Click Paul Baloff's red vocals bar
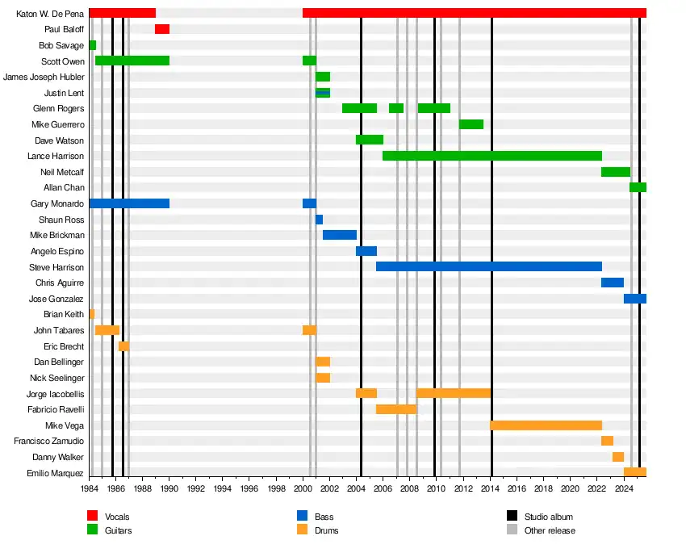[x=162, y=29]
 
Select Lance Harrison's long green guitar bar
[x=492, y=156]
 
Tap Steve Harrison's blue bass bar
[x=489, y=266]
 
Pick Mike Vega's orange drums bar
[x=546, y=425]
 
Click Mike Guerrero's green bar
[x=471, y=124]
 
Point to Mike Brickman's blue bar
[x=340, y=235]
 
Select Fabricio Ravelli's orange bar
[x=396, y=409]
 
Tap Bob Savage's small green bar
[x=93, y=45]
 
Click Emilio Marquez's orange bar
[x=635, y=472]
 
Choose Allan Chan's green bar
[x=638, y=187]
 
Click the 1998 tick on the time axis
[x=276, y=488]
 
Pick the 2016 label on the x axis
[x=517, y=488]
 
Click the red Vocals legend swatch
[x=93, y=516]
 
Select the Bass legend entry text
[x=324, y=517]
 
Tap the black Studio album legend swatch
[x=512, y=516]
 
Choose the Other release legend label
[x=550, y=530]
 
